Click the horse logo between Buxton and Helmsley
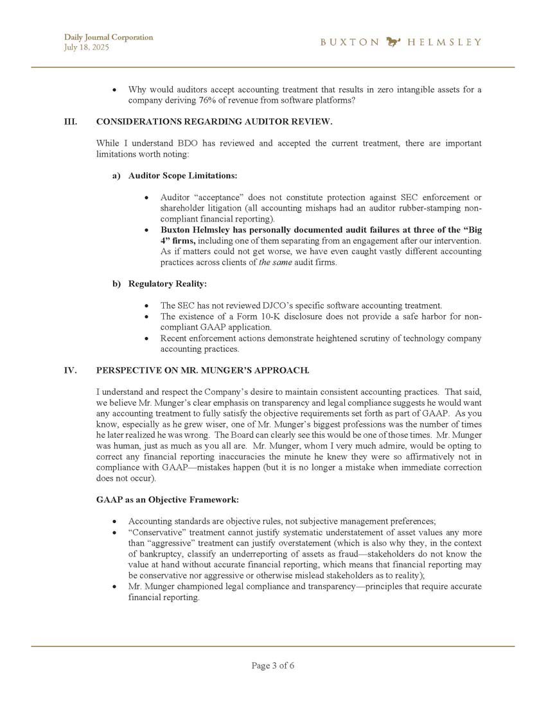point(394,42)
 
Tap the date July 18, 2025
point(87,47)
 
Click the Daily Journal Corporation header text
point(109,37)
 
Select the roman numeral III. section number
point(71,121)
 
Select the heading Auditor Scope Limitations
point(183,175)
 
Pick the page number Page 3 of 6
point(273,666)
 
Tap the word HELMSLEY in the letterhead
point(445,42)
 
